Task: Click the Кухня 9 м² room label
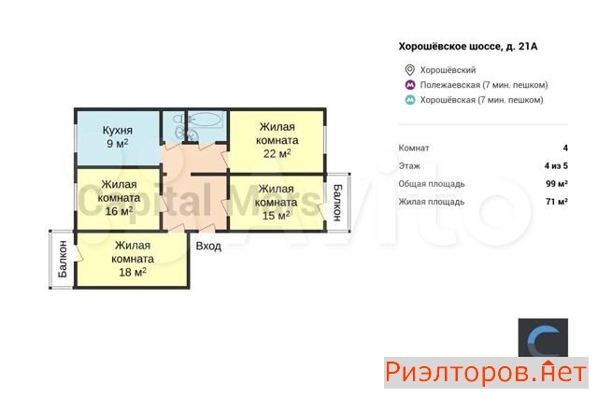[118, 136]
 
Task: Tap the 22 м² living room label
[277, 140]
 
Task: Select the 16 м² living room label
[119, 198]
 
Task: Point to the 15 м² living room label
[277, 202]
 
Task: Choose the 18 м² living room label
[133, 259]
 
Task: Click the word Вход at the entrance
[208, 246]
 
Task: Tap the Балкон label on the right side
[337, 203]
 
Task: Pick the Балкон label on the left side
[63, 259]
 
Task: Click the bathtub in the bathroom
[206, 120]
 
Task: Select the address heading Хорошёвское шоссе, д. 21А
[468, 47]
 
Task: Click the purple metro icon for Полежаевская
[410, 85]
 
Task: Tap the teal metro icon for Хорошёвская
[410, 100]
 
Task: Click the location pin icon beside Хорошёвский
[409, 70]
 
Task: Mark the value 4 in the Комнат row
[565, 148]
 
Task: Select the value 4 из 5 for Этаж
[556, 166]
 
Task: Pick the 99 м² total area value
[557, 184]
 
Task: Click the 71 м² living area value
[557, 202]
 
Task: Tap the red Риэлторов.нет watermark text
[486, 373]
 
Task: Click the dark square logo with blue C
[543, 338]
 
